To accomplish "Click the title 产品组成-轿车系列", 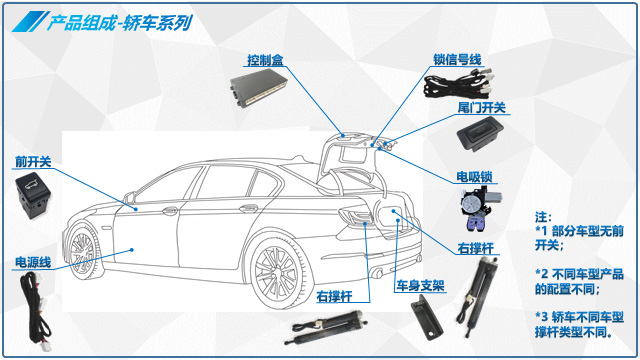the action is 119,22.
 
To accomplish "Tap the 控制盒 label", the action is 265,60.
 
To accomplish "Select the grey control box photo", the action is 258,88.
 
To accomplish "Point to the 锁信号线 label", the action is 457,60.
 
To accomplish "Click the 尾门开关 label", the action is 482,108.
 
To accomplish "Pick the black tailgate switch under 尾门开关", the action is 480,134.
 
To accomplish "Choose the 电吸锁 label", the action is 474,177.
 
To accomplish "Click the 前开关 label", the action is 33,162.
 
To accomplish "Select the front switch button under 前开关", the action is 33,195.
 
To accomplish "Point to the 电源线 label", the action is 33,262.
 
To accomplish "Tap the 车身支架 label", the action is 420,285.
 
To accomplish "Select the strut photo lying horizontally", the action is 329,327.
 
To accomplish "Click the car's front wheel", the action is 83,249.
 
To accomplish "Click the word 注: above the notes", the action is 543,217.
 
